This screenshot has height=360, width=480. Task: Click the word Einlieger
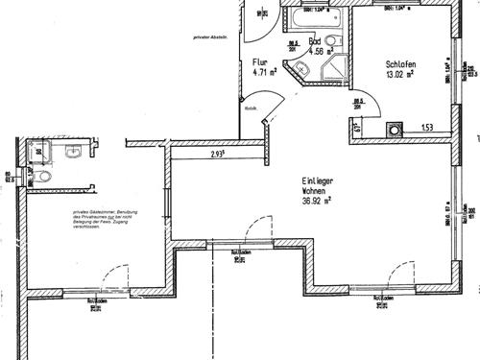tap(318, 180)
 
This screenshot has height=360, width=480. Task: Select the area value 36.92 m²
tap(316, 202)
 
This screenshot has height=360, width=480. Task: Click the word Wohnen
tap(317, 191)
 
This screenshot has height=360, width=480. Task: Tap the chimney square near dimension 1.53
tap(394, 130)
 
